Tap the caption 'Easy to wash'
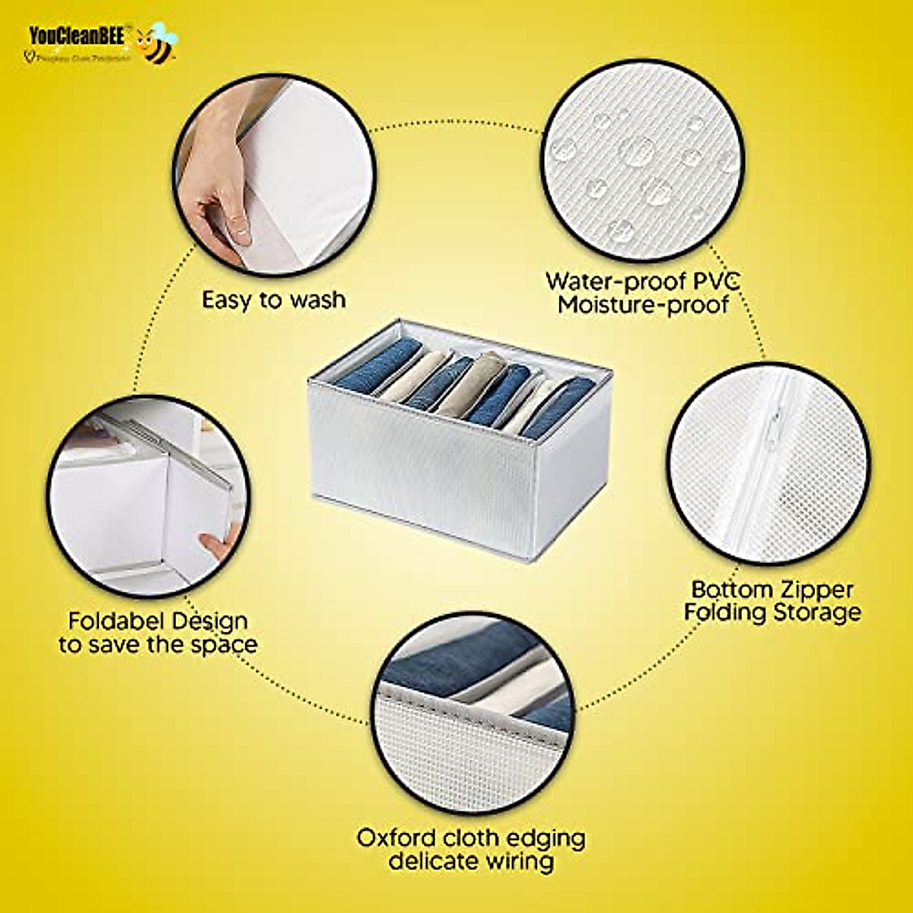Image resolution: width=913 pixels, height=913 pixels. (x=273, y=299)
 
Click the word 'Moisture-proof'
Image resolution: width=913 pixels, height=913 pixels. (x=643, y=306)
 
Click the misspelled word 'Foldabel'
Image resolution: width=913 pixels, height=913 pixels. (x=114, y=621)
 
